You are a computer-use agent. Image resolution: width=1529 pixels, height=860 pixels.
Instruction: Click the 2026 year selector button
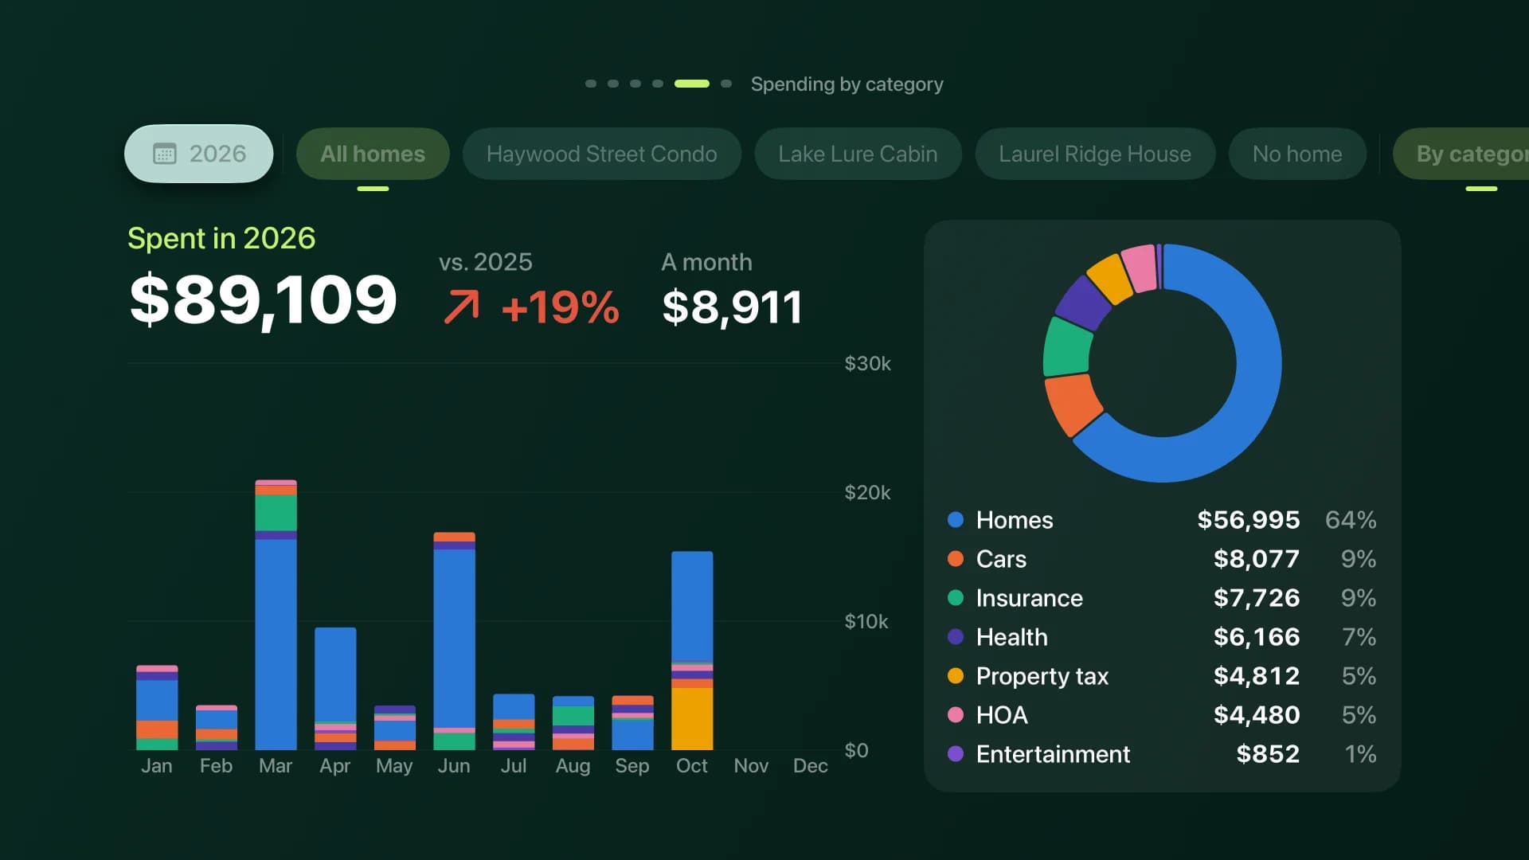198,154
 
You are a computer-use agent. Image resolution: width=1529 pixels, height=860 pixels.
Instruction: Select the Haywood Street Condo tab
601,154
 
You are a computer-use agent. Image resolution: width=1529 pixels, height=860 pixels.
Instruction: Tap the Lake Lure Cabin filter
858,154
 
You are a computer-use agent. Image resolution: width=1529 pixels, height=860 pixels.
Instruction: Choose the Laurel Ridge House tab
1095,154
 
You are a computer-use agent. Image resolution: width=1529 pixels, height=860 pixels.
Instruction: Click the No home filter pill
1297,154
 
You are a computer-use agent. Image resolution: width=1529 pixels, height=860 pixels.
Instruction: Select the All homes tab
373,154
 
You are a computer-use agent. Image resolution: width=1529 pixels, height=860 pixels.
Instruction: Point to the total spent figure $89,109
263,300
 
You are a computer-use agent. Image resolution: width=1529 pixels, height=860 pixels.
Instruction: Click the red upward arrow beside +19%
462,307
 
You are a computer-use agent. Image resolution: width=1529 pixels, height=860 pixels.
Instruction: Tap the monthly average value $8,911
732,307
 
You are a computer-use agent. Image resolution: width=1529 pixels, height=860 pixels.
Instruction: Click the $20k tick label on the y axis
867,492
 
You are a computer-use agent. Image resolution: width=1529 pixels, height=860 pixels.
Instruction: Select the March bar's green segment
276,513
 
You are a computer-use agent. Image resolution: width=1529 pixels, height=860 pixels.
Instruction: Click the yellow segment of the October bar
692,718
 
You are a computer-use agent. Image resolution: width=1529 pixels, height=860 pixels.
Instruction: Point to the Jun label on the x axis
454,766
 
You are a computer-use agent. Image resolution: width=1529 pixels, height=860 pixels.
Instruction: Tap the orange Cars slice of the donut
1072,404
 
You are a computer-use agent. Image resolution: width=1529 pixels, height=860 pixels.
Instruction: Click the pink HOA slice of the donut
1140,268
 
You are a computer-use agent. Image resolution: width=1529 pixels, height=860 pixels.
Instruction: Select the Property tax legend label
1042,676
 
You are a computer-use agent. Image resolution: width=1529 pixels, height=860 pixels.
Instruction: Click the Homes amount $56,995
1249,520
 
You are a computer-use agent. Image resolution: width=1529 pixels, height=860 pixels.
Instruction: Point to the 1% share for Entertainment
1360,754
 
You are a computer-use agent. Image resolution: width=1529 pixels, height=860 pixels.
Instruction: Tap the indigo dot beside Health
956,637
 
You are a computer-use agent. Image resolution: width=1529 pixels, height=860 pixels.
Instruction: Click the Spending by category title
847,84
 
